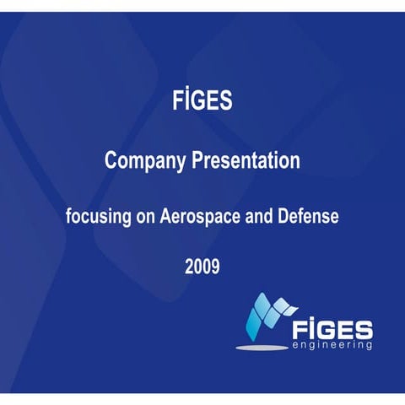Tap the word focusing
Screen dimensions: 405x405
pos(97,217)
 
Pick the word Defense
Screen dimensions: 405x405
pos(306,216)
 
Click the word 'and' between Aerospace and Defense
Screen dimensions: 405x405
pos(255,216)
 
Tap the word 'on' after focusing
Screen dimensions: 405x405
pos(142,217)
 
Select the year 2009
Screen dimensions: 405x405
pos(202,268)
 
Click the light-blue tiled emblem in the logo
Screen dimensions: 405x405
pos(269,316)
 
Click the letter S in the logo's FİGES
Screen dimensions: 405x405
pos(364,327)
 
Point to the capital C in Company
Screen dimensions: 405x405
pos(111,160)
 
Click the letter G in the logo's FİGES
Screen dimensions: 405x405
pos(325,327)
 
